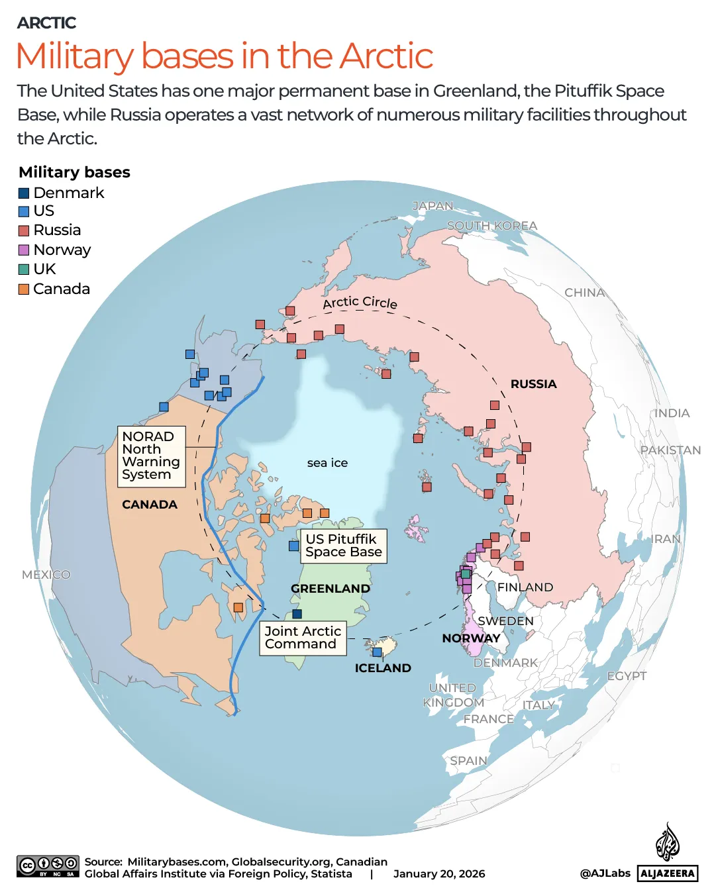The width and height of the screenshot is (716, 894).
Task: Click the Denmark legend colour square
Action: click(x=24, y=193)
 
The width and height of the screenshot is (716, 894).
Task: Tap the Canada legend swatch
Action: click(x=24, y=289)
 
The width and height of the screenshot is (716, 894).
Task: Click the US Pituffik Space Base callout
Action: click(x=343, y=546)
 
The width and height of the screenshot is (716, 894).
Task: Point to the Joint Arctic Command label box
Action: click(x=303, y=638)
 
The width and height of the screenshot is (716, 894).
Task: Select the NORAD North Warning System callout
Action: click(x=151, y=456)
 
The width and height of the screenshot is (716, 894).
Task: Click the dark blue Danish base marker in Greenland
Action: click(x=297, y=614)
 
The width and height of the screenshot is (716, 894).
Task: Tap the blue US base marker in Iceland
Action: click(x=377, y=652)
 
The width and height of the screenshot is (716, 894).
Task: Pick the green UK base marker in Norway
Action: click(x=466, y=574)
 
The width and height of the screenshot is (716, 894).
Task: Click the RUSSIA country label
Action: click(x=533, y=384)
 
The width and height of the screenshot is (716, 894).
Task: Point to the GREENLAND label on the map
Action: click(x=331, y=589)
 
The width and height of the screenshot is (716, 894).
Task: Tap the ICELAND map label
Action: click(x=383, y=668)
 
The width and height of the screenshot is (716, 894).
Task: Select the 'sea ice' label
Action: click(x=327, y=463)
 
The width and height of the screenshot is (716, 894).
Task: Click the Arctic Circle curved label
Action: click(x=360, y=303)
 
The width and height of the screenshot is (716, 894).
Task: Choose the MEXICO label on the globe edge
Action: click(x=46, y=575)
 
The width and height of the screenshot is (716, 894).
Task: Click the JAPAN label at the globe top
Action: click(x=433, y=206)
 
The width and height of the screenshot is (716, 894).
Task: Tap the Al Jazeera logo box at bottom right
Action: click(x=668, y=873)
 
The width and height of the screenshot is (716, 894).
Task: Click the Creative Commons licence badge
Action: click(x=48, y=866)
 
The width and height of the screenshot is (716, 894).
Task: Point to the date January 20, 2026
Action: click(x=439, y=874)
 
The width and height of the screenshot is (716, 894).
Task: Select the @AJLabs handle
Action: click(x=605, y=873)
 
